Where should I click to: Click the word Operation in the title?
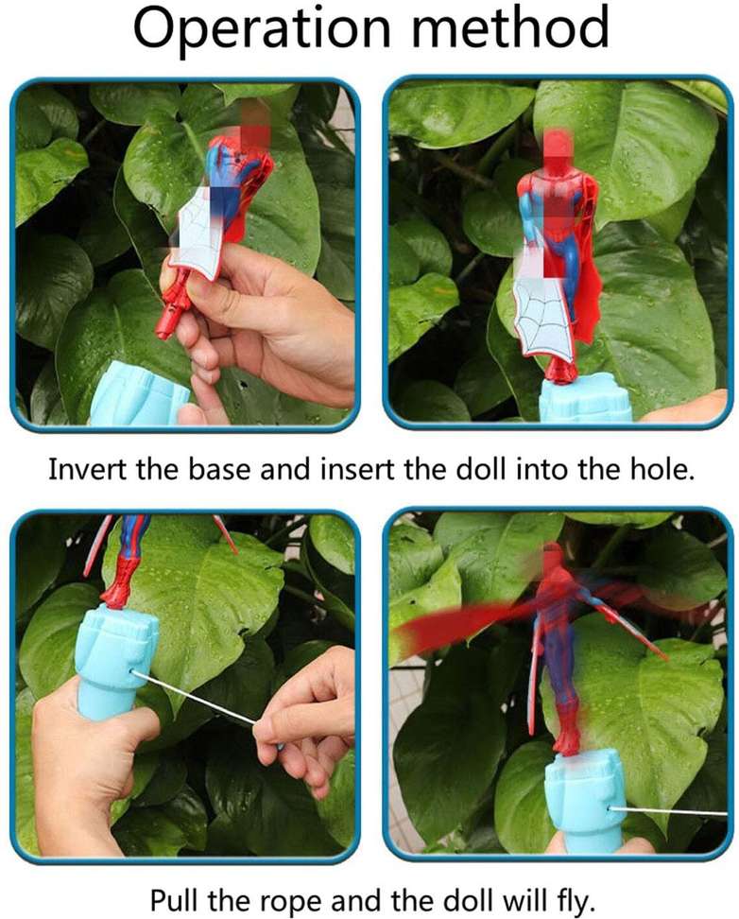point(262,27)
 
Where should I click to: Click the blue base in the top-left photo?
point(141,394)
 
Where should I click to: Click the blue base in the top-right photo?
point(586,399)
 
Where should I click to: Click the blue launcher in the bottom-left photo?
point(116,662)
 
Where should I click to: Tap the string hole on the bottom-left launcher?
point(132,672)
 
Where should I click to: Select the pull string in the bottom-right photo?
point(668,811)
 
